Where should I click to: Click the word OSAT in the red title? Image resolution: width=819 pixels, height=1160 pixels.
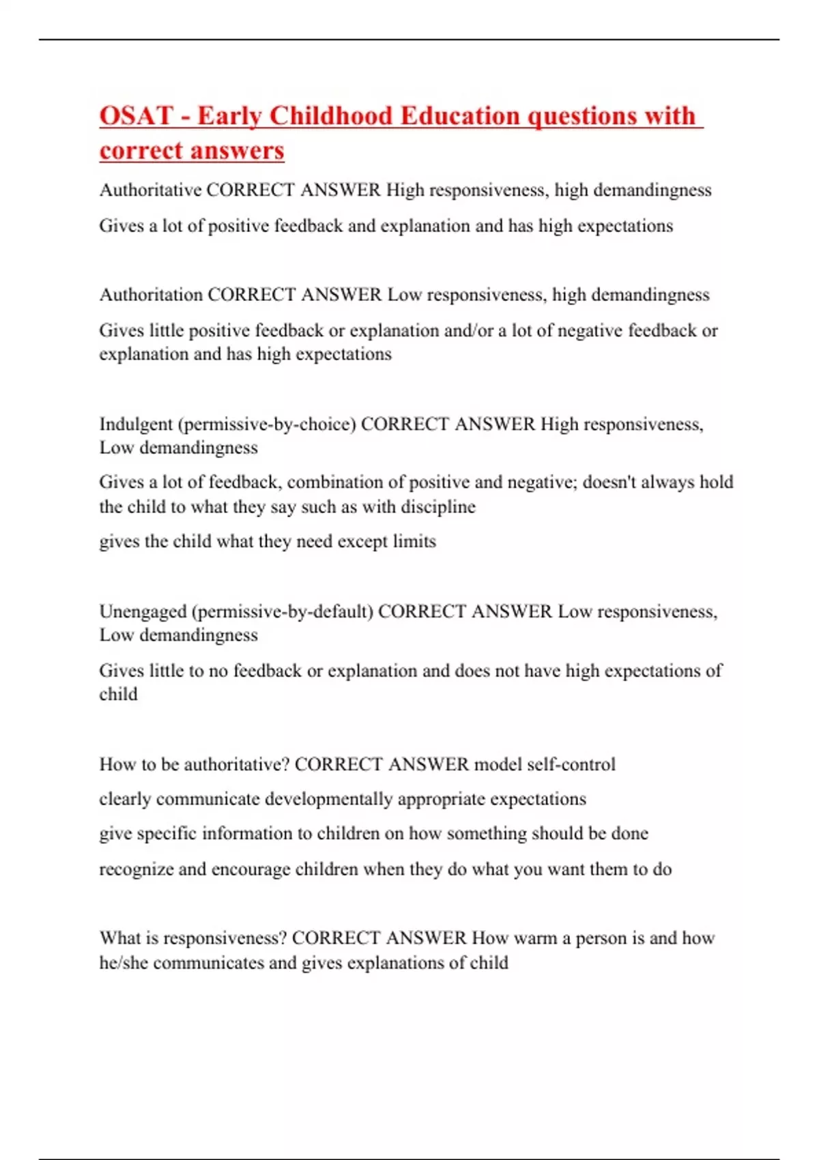click(x=136, y=115)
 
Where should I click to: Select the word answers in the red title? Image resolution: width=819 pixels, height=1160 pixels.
click(x=235, y=150)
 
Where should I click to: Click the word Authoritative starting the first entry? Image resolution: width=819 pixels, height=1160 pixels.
click(x=150, y=190)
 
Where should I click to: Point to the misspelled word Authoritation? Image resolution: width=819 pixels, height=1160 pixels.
click(x=151, y=295)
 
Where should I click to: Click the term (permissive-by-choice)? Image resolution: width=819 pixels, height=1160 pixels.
click(x=267, y=424)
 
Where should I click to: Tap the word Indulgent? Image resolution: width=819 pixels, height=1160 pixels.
click(x=136, y=424)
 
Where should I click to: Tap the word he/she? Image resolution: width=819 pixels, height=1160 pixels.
click(x=124, y=963)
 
